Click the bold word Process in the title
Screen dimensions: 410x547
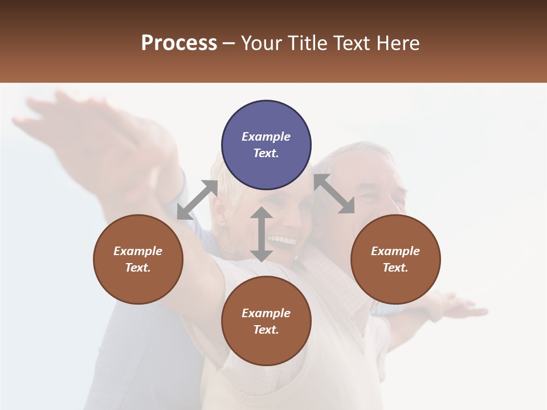(x=179, y=43)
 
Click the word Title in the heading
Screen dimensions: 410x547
(x=306, y=43)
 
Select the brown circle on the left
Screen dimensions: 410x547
(x=138, y=259)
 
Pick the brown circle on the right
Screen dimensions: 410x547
(x=395, y=259)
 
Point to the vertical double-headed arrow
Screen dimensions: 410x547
(x=262, y=234)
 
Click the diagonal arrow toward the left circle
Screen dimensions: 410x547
(x=197, y=200)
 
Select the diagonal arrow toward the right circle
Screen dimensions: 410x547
(x=334, y=194)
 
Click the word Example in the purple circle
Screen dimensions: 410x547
(x=266, y=137)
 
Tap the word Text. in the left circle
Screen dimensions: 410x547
(x=138, y=268)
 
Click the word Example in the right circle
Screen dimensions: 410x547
(x=395, y=251)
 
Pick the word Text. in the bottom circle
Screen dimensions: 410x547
(x=266, y=330)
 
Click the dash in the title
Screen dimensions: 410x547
(x=228, y=43)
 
